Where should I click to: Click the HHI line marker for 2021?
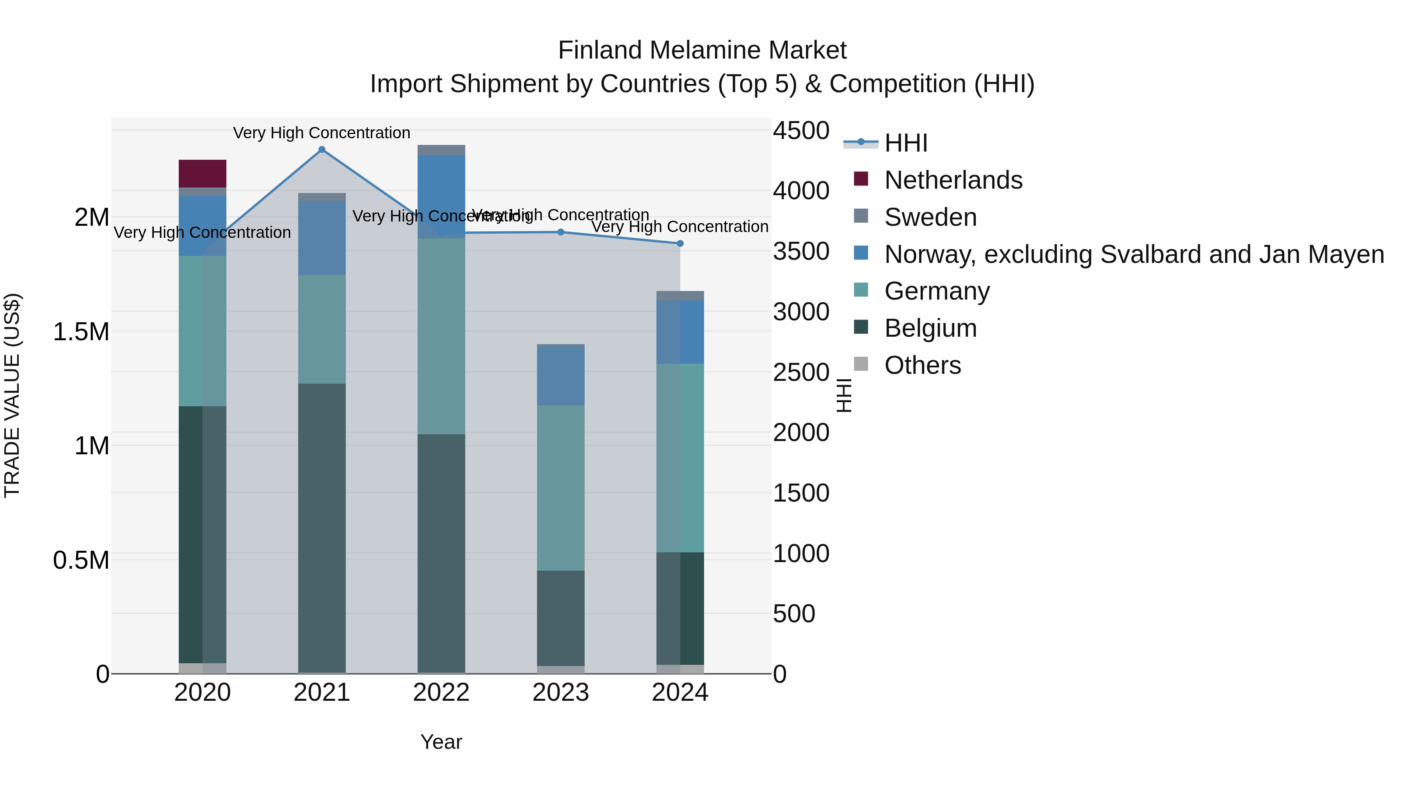tap(322, 150)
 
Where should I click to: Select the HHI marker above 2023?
tap(561, 232)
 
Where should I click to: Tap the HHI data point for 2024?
tap(680, 243)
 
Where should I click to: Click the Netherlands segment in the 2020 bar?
tap(202, 173)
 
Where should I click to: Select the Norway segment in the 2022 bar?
tap(441, 196)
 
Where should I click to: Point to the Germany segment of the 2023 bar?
tap(561, 487)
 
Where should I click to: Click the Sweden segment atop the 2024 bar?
tap(680, 296)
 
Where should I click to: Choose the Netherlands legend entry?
tap(952, 180)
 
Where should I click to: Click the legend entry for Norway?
tap(1133, 254)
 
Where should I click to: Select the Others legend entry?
tap(922, 365)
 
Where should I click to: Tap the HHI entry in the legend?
tap(905, 143)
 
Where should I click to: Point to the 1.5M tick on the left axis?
tap(81, 331)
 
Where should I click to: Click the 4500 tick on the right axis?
tap(801, 131)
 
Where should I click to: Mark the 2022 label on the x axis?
tap(441, 693)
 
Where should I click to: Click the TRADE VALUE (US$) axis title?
tap(12, 395)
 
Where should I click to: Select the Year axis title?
tap(441, 742)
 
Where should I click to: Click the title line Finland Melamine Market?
tap(702, 50)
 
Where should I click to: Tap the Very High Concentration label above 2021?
tap(322, 133)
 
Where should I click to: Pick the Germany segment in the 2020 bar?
tap(202, 331)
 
